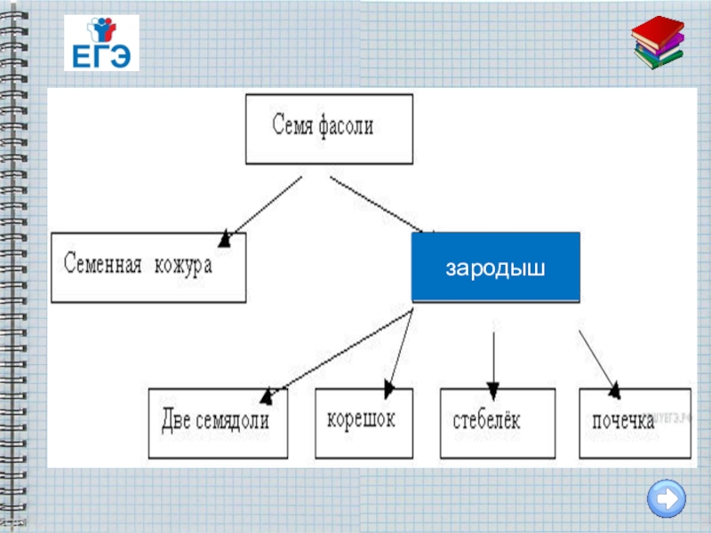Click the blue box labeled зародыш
pos(495,267)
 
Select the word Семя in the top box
pos(292,126)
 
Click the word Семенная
pos(102,265)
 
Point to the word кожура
pos(183,265)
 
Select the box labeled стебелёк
pos(498,422)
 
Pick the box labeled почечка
pos(634,423)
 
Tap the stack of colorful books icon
pos(659,43)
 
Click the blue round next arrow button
pos(666,497)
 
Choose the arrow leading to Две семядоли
pos(338,354)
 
